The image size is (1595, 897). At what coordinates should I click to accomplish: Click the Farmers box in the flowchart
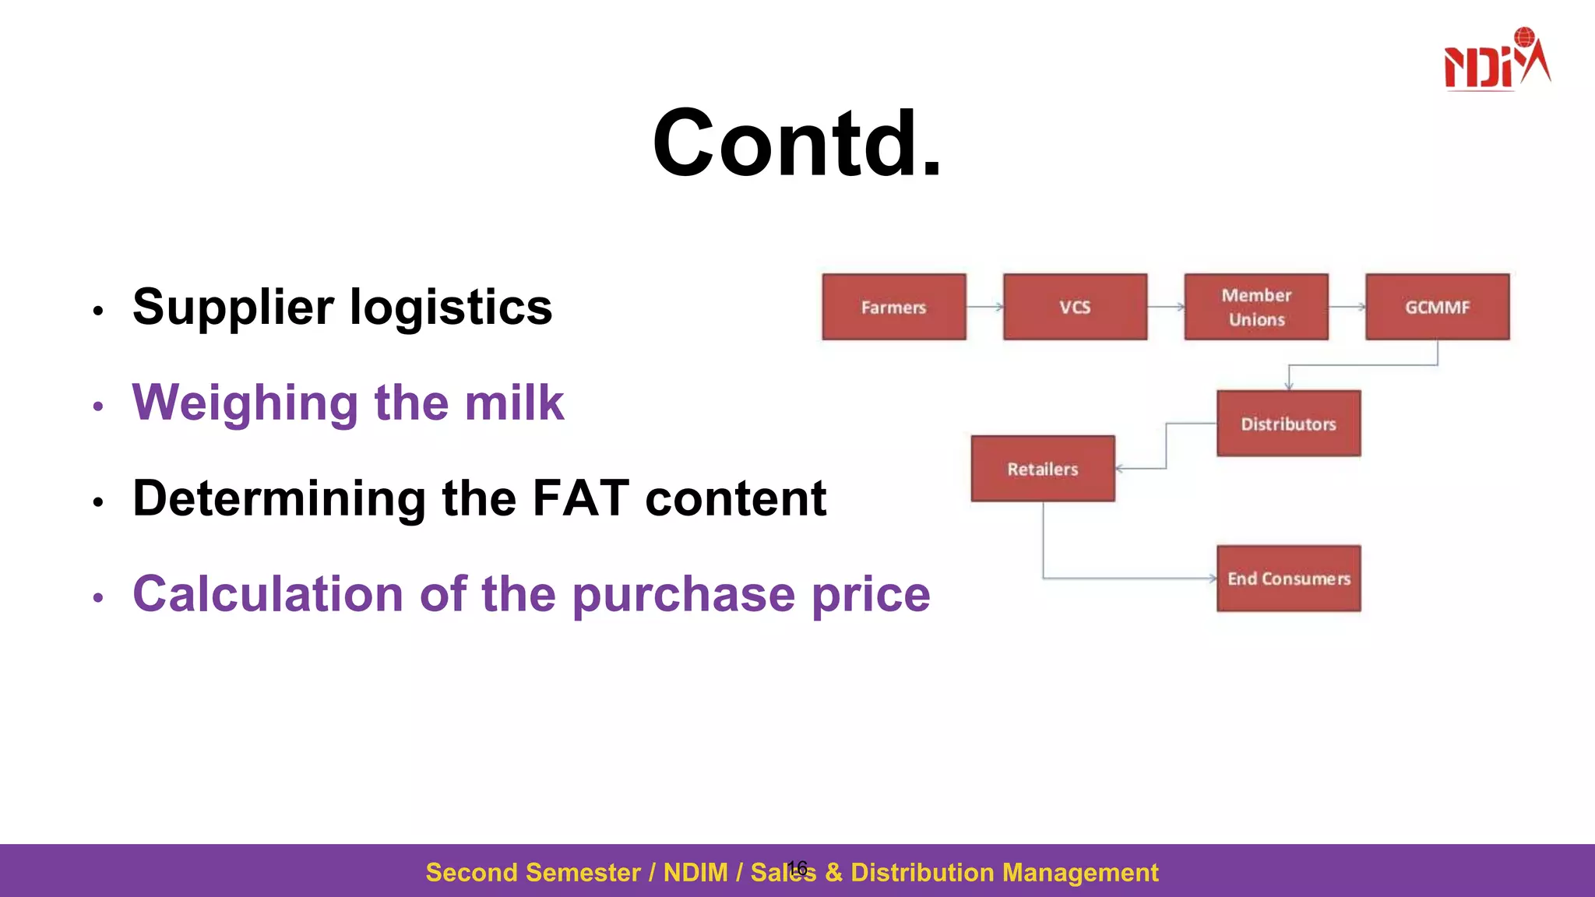(893, 307)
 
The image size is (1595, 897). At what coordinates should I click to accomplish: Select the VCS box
(1075, 307)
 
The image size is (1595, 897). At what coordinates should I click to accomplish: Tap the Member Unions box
(1256, 307)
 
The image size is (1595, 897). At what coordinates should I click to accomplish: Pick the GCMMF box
(1437, 307)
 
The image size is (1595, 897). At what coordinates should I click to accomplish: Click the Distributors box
(1288, 424)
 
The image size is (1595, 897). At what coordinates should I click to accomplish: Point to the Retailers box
(1043, 469)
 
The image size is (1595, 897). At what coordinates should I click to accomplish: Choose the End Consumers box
(1288, 579)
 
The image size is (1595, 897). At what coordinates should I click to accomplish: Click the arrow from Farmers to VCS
(984, 307)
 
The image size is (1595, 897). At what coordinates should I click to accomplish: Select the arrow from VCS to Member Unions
(1166, 307)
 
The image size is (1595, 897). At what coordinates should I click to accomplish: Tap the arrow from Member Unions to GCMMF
(1347, 307)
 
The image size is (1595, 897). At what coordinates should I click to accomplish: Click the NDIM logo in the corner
(1496, 61)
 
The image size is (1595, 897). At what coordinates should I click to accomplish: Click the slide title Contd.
(797, 144)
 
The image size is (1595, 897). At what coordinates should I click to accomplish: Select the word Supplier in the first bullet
(233, 308)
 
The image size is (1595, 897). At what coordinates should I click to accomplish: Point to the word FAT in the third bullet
(580, 498)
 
